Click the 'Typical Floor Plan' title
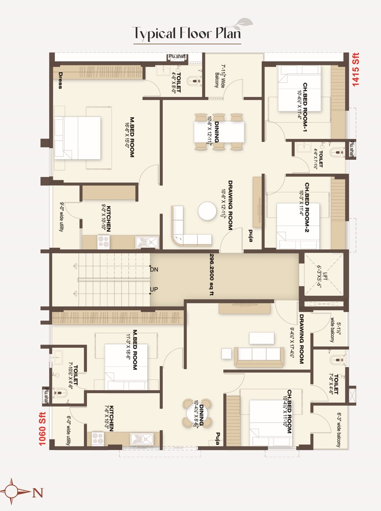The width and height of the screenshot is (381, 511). (x=187, y=33)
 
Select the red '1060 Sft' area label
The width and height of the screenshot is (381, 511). (x=42, y=429)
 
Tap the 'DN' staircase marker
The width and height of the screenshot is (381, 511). (x=154, y=269)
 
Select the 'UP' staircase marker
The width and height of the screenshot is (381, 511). (x=154, y=289)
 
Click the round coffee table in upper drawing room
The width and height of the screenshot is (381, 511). (x=207, y=211)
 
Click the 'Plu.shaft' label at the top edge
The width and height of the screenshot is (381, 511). (x=177, y=57)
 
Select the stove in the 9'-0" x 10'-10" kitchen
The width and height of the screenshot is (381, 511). (x=104, y=242)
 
